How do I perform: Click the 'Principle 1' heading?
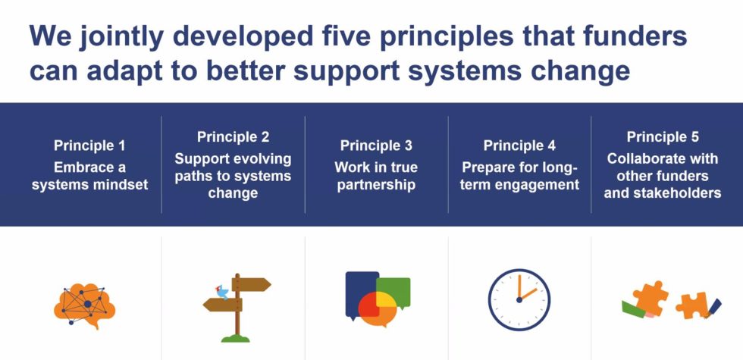coord(89,146)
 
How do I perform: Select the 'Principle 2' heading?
coord(233,137)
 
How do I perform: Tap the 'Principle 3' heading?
coord(376,146)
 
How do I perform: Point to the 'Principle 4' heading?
coord(519,146)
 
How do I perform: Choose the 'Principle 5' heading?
coord(663,137)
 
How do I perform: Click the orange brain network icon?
coord(85,302)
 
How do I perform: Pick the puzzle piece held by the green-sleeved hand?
coord(650,297)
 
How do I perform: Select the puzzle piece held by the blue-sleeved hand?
coord(691,305)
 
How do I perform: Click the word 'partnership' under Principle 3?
coord(376,184)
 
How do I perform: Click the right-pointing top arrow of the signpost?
coord(253,285)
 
